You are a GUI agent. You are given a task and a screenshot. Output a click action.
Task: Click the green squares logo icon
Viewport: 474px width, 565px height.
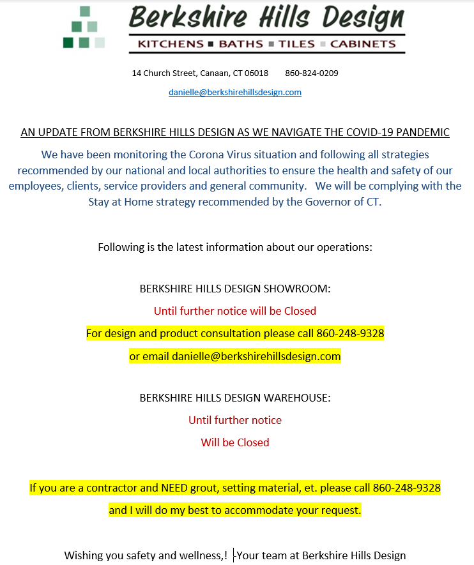tap(84, 27)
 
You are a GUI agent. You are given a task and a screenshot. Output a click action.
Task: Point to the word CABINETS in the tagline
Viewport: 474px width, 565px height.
tap(363, 44)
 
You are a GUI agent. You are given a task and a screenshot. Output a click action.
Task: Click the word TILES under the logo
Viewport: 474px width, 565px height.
tap(296, 44)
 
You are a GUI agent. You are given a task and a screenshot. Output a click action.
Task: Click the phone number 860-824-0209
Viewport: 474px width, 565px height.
tap(312, 73)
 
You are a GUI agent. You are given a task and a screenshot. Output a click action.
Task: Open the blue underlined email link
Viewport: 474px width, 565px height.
tap(235, 92)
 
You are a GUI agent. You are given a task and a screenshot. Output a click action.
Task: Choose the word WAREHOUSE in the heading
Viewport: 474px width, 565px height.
tap(298, 398)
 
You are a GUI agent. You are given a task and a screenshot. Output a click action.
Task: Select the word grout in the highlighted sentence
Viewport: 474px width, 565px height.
tap(210, 488)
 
